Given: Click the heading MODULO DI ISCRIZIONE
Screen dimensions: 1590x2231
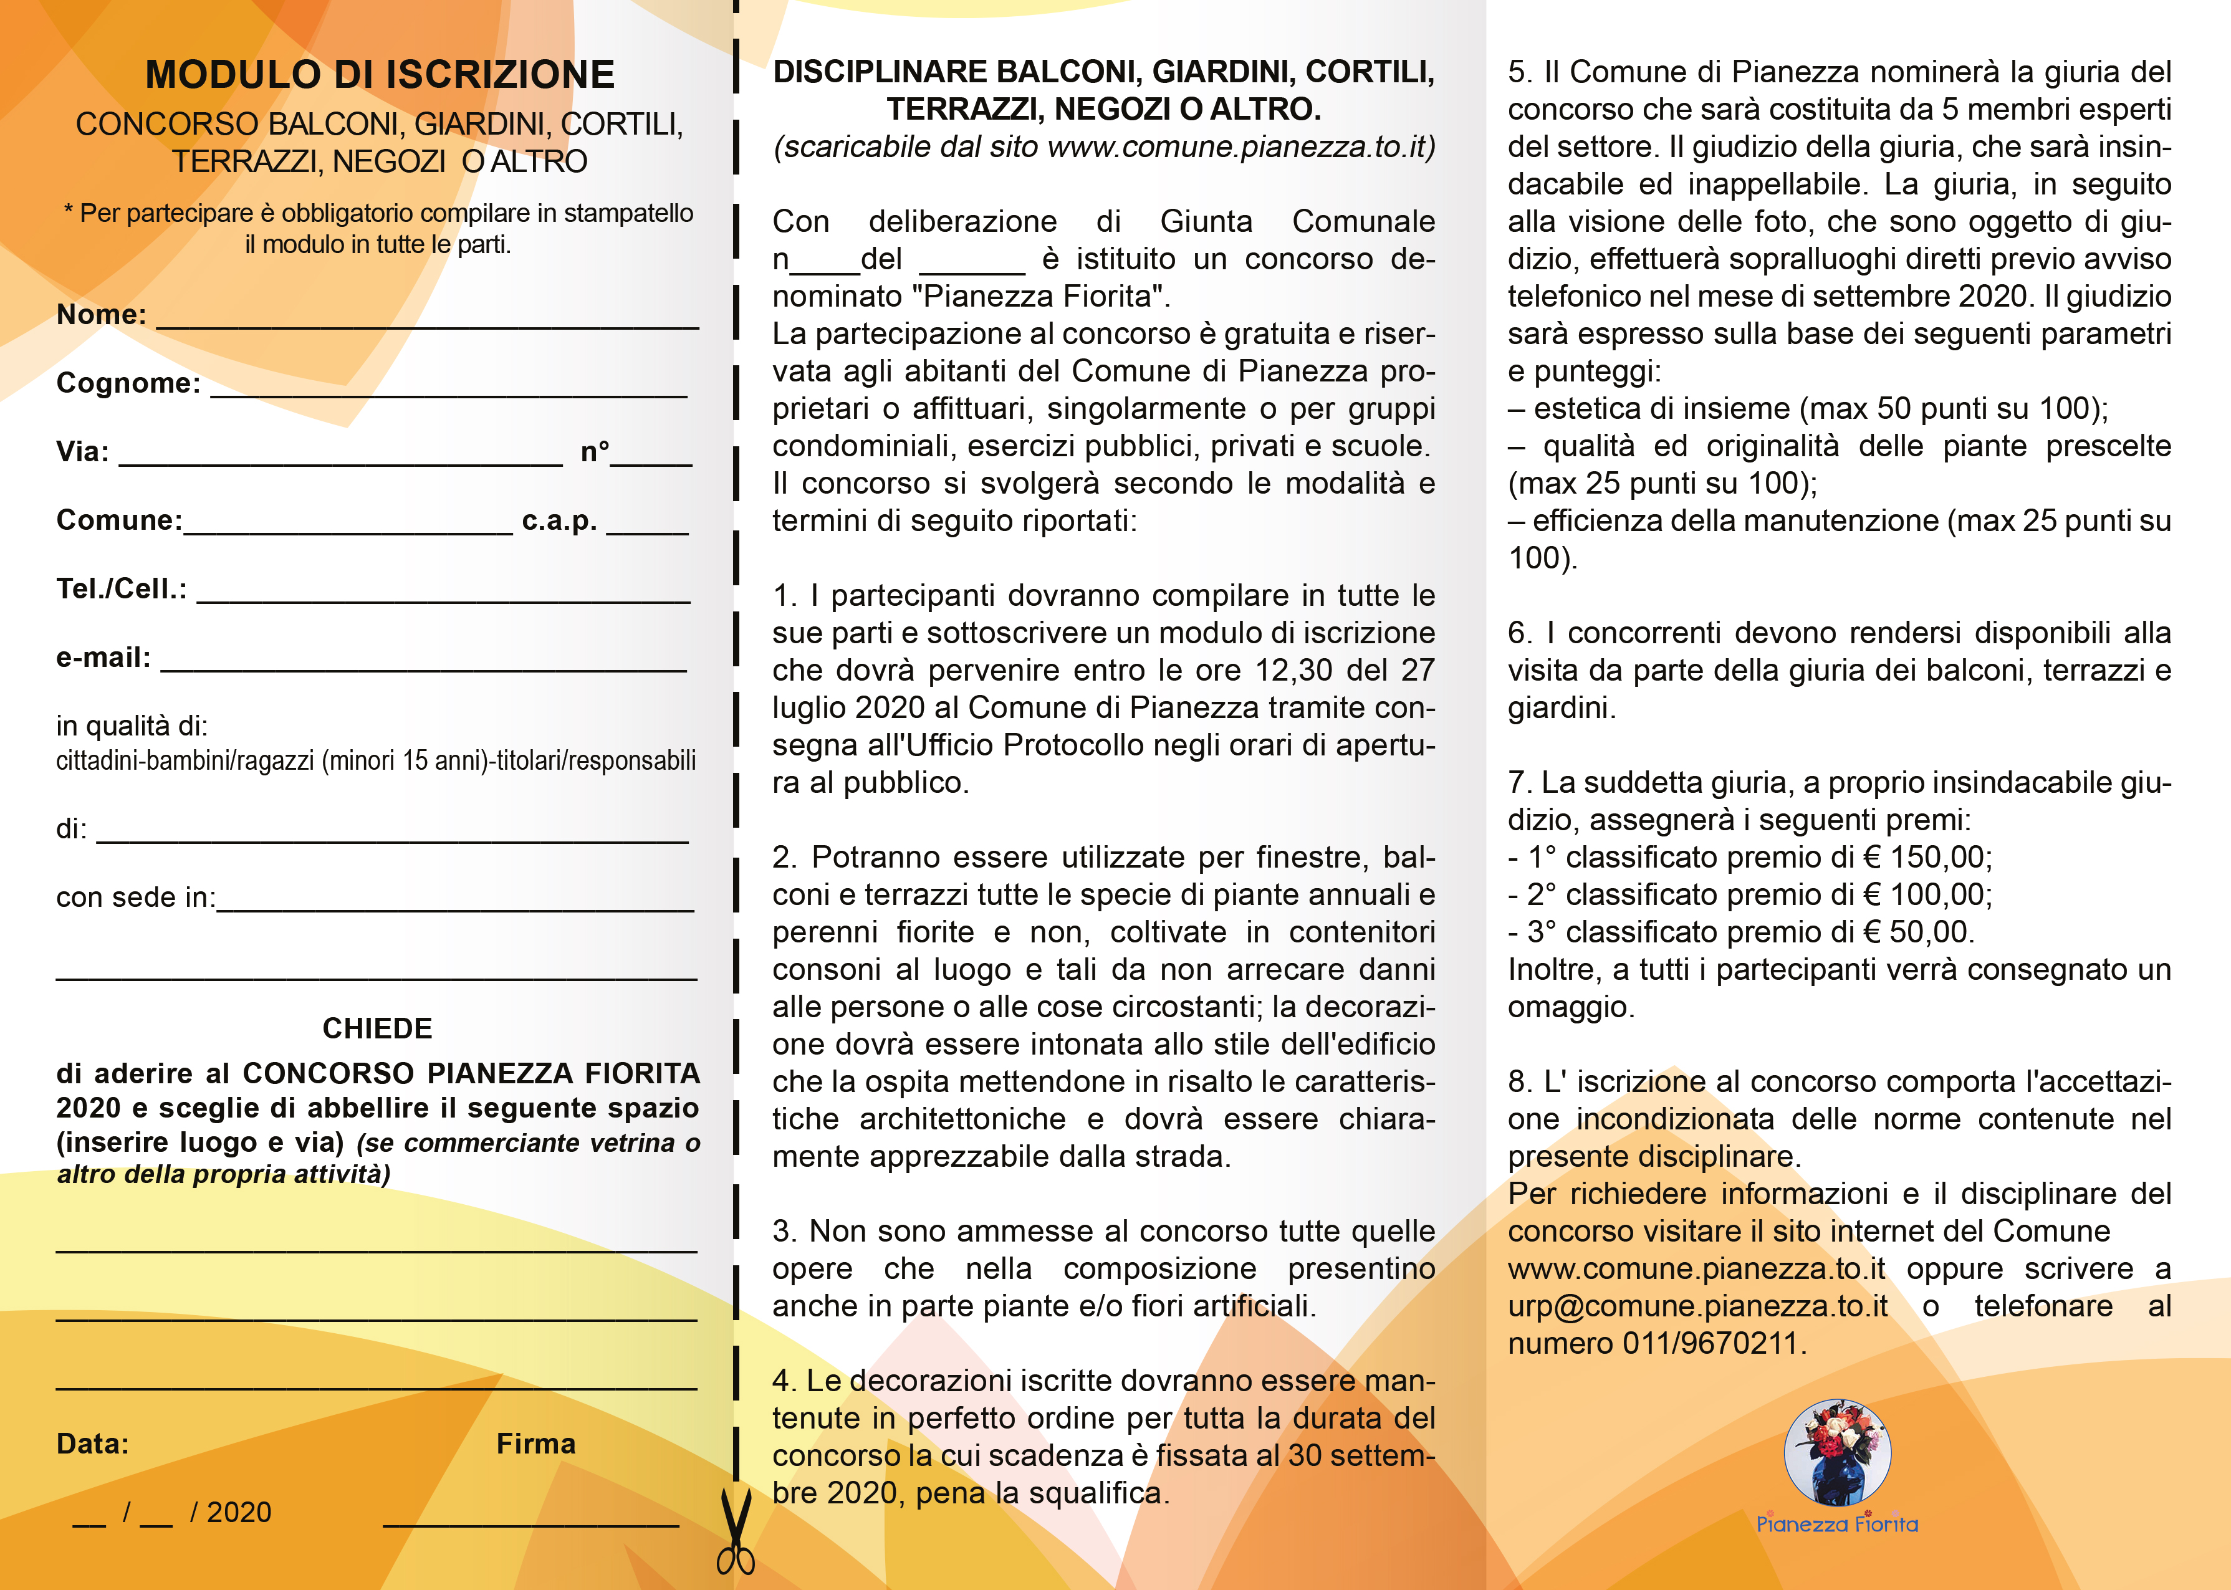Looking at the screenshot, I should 379,74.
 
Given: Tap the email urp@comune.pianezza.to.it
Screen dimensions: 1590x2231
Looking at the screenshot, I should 1697,1306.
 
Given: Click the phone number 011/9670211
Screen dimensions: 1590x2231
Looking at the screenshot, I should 1710,1343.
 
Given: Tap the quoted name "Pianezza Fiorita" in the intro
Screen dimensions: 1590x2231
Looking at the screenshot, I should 1047,297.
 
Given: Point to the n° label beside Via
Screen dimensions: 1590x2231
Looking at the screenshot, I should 594,453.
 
